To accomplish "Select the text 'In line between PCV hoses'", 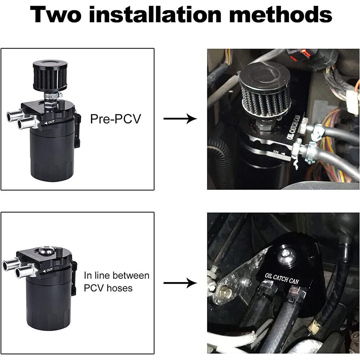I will [x=116, y=282].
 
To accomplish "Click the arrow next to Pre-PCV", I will [x=180, y=119].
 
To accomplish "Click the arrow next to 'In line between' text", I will [x=180, y=283].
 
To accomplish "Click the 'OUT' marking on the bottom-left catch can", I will [x=49, y=269].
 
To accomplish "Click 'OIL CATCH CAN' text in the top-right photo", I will [x=294, y=128].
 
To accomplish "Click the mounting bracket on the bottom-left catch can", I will [x=74, y=277].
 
